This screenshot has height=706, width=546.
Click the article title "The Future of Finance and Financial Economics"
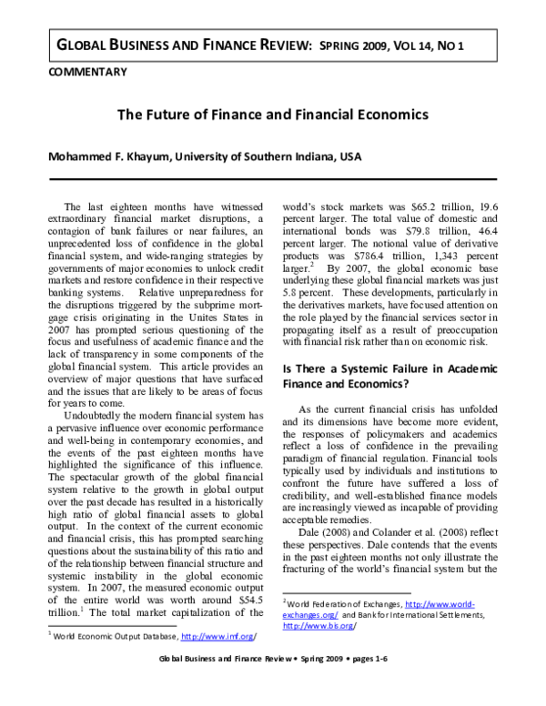click(272, 116)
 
